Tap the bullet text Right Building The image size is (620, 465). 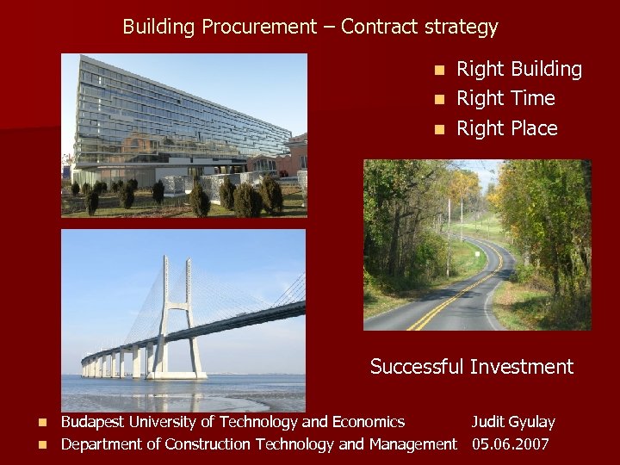(518, 69)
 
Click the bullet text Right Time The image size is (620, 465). (505, 98)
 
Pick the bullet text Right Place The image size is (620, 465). (506, 128)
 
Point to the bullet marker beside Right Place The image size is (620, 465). (440, 129)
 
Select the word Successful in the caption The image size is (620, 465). (417, 367)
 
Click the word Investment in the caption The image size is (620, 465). (521, 367)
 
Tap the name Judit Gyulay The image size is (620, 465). (512, 422)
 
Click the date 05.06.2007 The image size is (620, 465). (511, 444)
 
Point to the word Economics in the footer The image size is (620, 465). (369, 422)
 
